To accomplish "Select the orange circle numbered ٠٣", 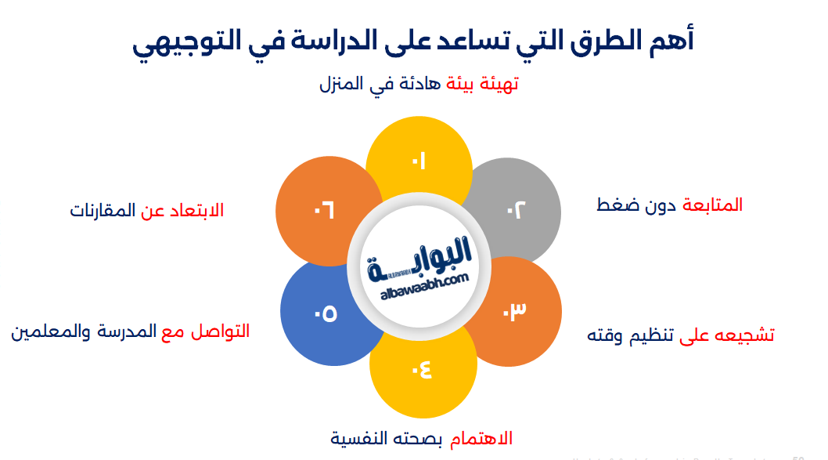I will tap(517, 311).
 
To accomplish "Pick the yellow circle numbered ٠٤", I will tap(423, 368).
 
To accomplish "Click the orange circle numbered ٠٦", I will tap(323, 210).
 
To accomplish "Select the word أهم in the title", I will tap(671, 41).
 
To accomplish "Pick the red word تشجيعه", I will tap(744, 335).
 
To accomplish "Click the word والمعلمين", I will tap(47, 331).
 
